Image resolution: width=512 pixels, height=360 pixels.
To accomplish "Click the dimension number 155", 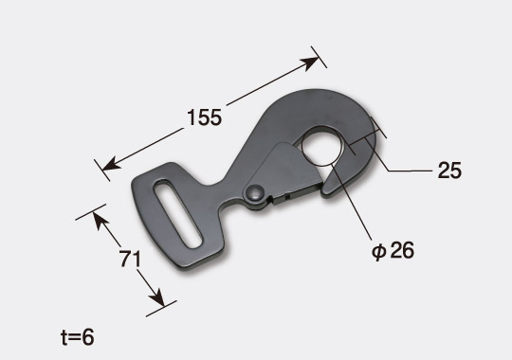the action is [205, 117].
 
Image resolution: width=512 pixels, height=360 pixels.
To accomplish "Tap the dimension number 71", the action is [130, 259].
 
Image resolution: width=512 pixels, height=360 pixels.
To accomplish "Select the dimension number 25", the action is [449, 170].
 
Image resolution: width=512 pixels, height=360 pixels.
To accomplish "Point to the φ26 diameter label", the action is [393, 251].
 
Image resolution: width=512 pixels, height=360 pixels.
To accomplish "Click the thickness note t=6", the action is [78, 337].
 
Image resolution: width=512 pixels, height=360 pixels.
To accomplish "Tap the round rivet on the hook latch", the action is [255, 192].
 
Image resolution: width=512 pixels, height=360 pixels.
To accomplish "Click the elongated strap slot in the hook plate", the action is [177, 213].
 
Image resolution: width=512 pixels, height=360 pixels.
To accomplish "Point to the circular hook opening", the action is [322, 146].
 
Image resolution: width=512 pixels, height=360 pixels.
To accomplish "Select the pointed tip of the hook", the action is [324, 192].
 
